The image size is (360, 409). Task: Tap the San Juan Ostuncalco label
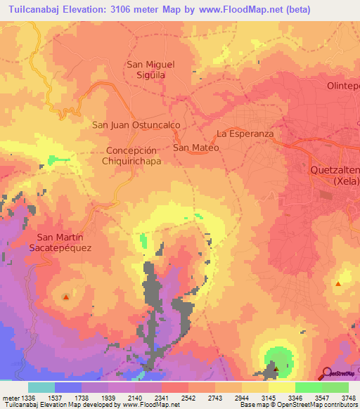click(x=136, y=124)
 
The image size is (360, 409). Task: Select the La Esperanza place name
click(x=244, y=133)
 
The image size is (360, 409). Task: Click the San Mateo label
click(x=196, y=148)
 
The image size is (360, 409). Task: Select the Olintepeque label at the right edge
click(x=343, y=86)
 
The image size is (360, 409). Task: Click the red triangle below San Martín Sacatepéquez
click(x=66, y=297)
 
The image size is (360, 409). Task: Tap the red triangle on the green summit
click(x=276, y=368)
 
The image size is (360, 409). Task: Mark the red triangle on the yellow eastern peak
click(x=338, y=284)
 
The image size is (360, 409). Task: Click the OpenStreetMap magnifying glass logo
click(x=327, y=372)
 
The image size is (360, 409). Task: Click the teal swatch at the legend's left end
click(x=41, y=387)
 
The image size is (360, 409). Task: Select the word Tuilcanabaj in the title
click(x=35, y=9)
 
